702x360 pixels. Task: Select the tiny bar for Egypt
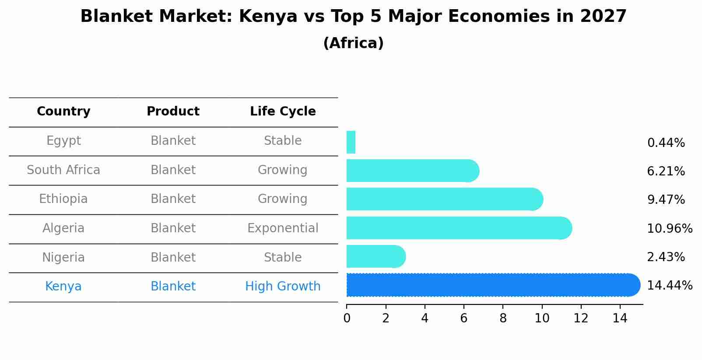pos(351,142)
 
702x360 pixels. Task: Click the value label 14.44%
pos(669,286)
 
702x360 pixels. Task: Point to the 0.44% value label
pos(666,143)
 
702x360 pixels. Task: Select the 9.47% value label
pos(666,200)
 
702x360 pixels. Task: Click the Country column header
pos(63,112)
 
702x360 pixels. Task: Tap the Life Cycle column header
pos(283,112)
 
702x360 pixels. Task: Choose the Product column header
pos(173,112)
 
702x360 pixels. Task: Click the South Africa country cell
pos(63,170)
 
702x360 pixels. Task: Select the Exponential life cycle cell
pos(283,228)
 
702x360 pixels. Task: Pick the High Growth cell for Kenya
pos(283,287)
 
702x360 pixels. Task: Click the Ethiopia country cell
pos(63,199)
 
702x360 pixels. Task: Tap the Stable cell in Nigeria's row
pos(283,258)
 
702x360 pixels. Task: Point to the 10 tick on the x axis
pos(542,318)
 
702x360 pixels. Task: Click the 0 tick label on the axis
pos(347,318)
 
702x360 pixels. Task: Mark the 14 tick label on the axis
pos(620,318)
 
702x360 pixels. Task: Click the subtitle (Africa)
pos(353,43)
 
